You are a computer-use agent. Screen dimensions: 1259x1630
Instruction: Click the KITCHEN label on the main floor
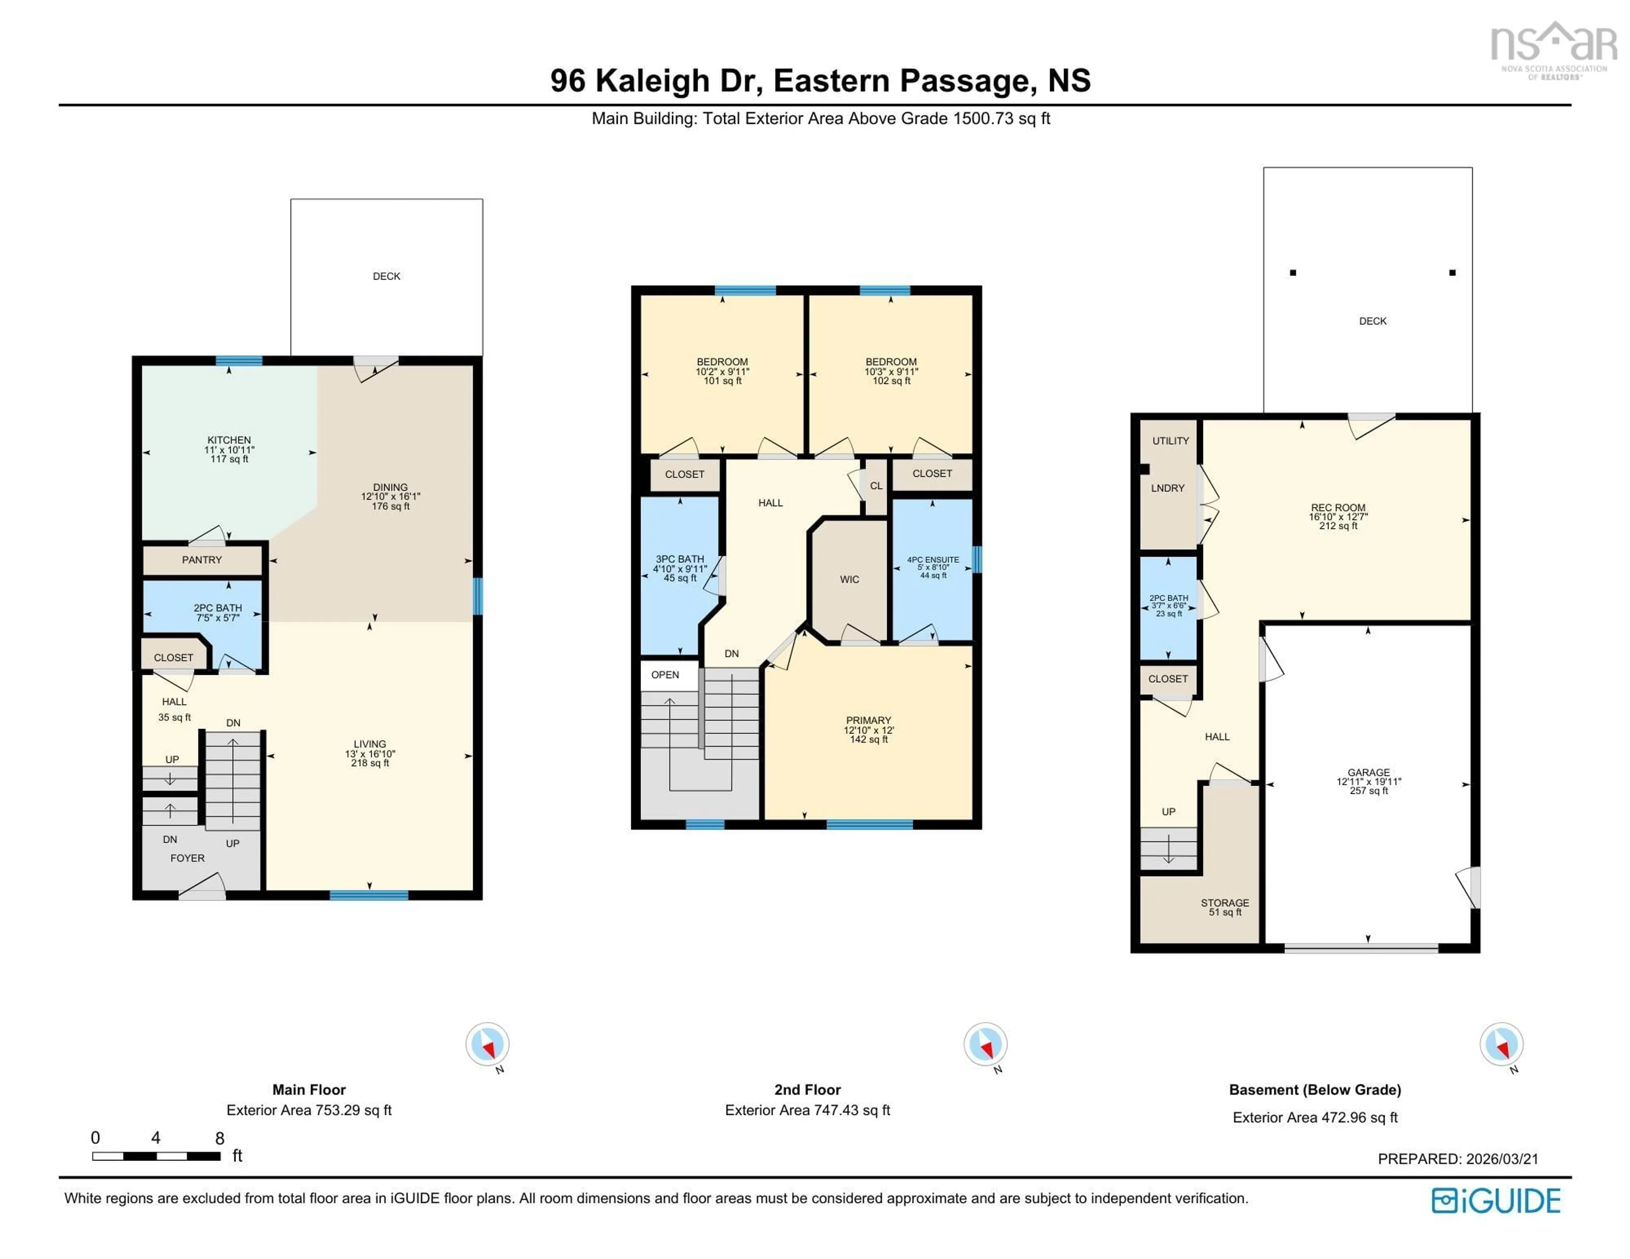229,440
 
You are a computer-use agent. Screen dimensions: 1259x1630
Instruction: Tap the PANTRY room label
202,560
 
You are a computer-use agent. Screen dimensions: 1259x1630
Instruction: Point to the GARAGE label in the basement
1369,773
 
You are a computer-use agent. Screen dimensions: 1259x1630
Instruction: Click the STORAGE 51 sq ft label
1225,907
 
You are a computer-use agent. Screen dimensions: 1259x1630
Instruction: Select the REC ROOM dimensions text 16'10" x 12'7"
1338,517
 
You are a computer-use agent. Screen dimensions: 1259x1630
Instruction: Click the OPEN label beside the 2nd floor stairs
665,674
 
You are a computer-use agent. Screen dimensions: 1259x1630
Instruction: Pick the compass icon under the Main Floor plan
487,1044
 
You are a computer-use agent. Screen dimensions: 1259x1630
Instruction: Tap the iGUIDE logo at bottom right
1496,1201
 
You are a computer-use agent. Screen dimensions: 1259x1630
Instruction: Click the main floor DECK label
387,276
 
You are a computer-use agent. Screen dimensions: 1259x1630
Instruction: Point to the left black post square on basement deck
1293,273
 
